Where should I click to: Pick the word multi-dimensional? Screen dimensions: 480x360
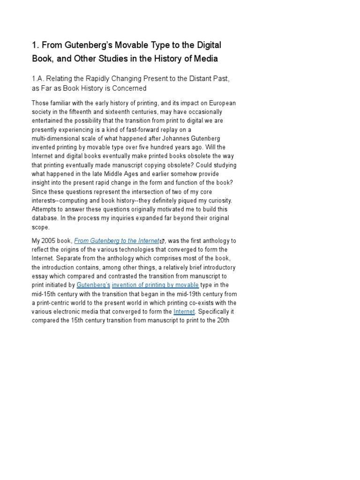click(57, 138)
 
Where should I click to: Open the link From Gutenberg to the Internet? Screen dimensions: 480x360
click(117, 240)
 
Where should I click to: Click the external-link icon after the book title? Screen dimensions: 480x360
click(162, 241)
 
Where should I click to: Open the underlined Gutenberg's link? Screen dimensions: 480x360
click(93, 285)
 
